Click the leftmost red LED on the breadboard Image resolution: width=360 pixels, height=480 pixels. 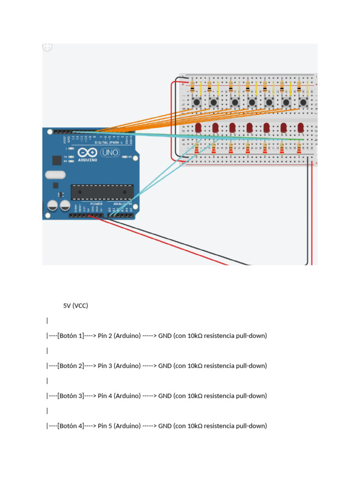coord(198,128)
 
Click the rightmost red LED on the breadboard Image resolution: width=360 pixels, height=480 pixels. coord(300,128)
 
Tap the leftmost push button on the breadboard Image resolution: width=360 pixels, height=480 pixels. coord(196,102)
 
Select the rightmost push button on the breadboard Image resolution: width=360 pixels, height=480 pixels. coord(303,102)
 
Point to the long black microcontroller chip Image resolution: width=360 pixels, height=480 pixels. coord(102,192)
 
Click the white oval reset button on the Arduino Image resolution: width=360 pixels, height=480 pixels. coord(54,175)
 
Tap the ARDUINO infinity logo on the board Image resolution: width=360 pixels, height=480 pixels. coord(88,154)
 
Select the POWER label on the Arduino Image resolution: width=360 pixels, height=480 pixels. coord(96,204)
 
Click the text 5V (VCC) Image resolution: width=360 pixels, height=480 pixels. coord(75,306)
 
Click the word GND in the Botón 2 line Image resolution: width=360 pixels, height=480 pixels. coord(165,366)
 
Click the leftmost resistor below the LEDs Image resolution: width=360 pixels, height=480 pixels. coord(197,149)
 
